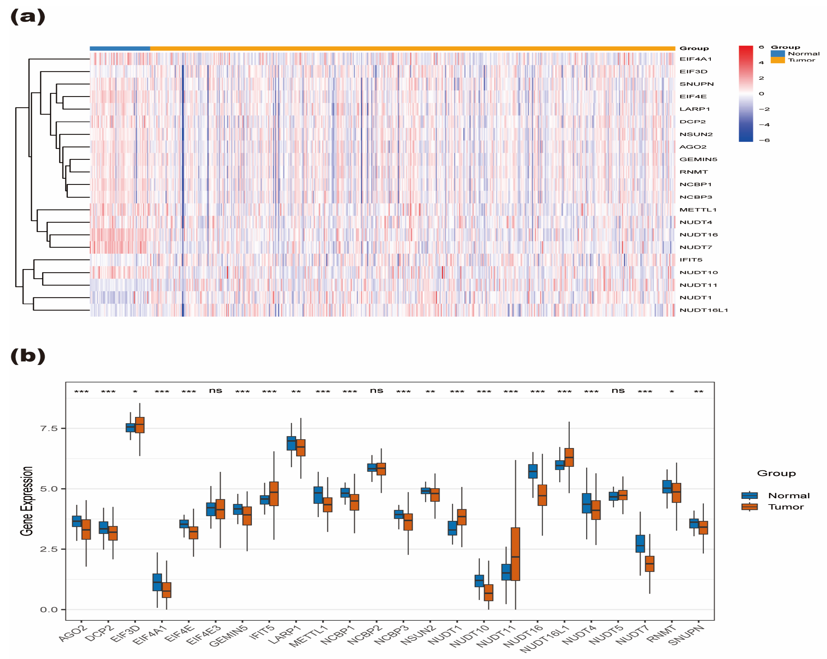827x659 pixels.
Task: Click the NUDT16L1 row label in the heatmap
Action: pos(704,310)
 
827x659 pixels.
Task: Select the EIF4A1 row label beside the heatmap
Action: pos(695,59)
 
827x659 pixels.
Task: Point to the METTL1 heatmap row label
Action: pos(698,210)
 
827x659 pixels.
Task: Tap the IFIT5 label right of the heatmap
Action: pos(691,260)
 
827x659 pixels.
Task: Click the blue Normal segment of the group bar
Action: pos(120,49)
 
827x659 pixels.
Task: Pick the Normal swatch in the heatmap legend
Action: pos(777,54)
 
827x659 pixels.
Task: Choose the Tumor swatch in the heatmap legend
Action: pos(777,60)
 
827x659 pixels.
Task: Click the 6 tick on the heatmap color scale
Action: pos(761,47)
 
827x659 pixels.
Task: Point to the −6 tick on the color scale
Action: pos(764,140)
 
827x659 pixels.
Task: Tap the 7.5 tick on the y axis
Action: pos(49,428)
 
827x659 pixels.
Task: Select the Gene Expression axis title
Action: pos(26,501)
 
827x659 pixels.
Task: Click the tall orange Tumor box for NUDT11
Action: pos(515,554)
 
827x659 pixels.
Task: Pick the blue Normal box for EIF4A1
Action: pos(157,582)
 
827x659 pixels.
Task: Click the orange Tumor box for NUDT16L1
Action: pos(569,457)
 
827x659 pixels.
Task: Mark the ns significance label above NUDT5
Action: pos(618,391)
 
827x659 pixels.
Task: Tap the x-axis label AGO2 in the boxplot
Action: pos(73,633)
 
